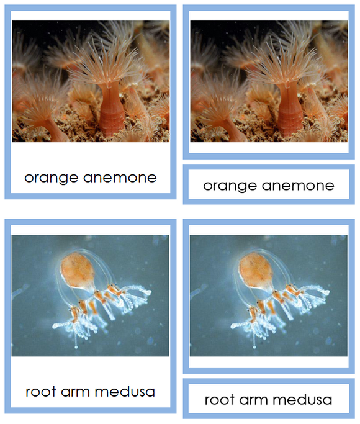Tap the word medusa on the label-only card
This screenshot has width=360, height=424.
tap(302, 399)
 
